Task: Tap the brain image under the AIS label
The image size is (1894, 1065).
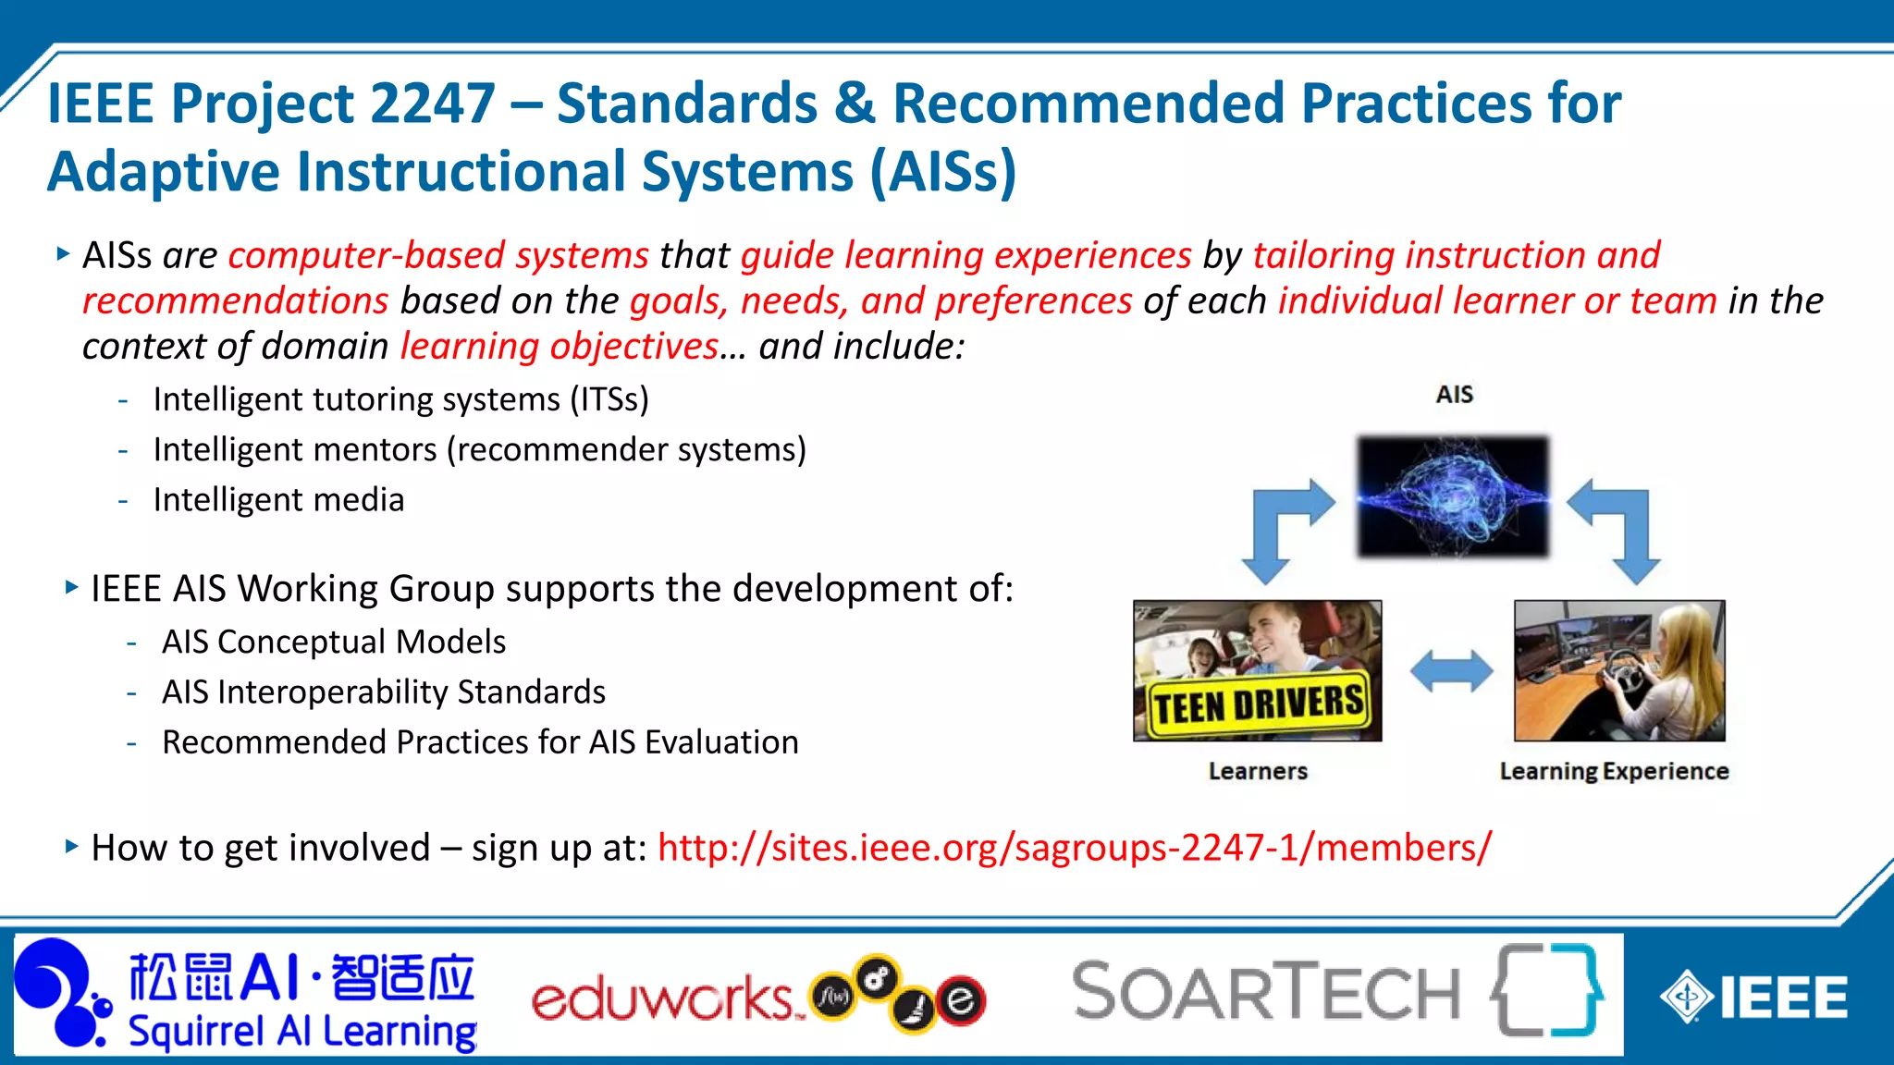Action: (x=1452, y=496)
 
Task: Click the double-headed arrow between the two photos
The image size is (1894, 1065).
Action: (x=1450, y=671)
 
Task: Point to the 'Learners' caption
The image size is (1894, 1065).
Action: (x=1258, y=771)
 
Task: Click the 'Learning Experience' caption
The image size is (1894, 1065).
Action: (x=1614, y=771)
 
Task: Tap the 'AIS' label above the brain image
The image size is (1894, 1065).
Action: (x=1454, y=395)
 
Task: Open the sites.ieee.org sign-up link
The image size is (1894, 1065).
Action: (x=1074, y=848)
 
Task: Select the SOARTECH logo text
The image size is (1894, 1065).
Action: (x=1265, y=992)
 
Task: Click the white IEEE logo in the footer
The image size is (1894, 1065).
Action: (x=1753, y=998)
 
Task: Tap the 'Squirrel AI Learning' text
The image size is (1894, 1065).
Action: (x=302, y=1032)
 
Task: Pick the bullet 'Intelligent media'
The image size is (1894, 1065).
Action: (x=278, y=500)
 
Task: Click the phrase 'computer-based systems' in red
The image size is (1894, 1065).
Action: (x=438, y=256)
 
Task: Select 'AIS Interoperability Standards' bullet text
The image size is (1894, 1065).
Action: (x=384, y=692)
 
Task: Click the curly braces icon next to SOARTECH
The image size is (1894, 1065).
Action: (x=1546, y=989)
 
